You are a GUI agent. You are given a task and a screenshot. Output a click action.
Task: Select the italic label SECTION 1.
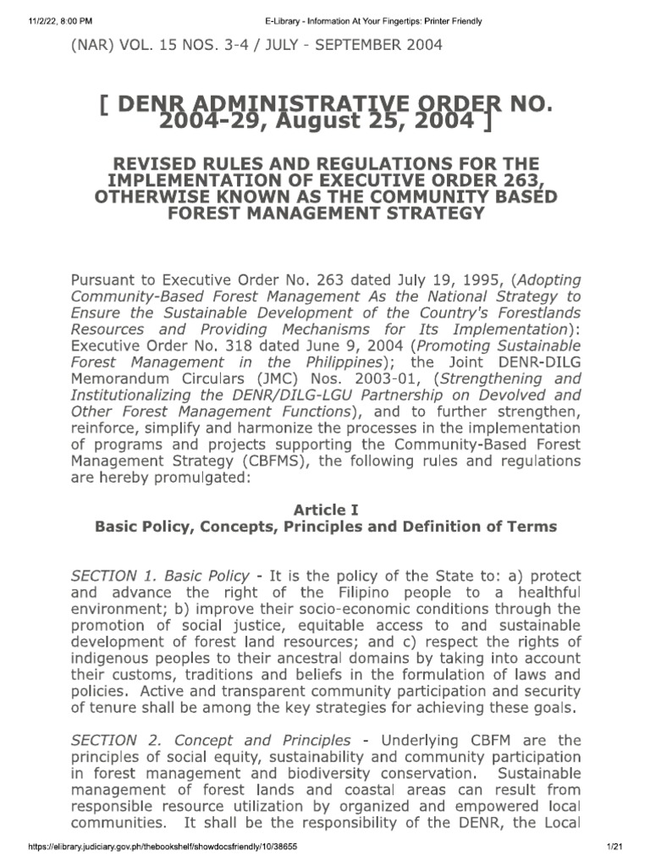114,576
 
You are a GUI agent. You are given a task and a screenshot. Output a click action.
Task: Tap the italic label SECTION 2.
114,740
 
